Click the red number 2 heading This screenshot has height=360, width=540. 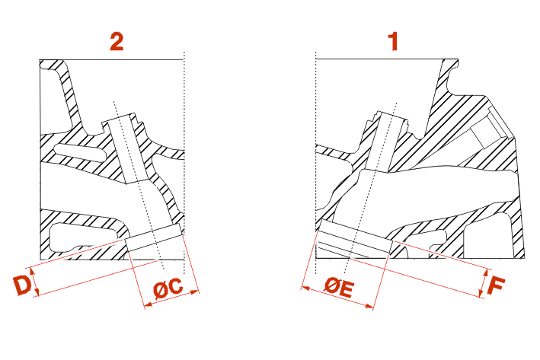[x=117, y=41]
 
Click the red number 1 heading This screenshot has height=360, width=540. [x=393, y=41]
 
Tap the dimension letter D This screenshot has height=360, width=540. [x=21, y=285]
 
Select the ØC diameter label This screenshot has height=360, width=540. [x=168, y=288]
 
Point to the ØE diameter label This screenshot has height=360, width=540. [x=339, y=288]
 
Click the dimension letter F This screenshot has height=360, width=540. [x=497, y=285]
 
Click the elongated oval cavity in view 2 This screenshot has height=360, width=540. [x=81, y=153]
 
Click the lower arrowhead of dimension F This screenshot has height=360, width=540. [x=481, y=294]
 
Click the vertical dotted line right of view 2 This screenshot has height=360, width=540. [x=184, y=162]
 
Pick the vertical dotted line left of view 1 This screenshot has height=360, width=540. [x=316, y=162]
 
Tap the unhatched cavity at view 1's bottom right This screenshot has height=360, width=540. [x=490, y=237]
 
